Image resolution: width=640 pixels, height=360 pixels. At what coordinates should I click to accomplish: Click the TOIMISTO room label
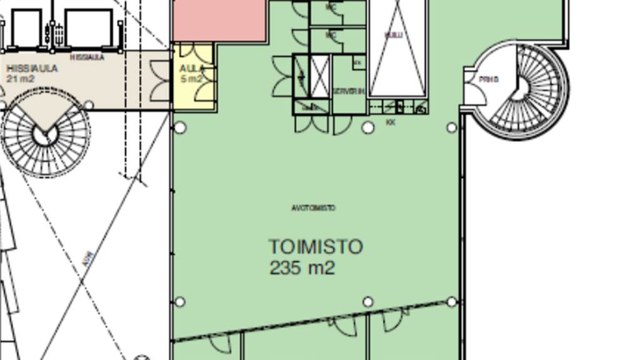(x=316, y=247)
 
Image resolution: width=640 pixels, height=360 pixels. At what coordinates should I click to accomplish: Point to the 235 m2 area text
(x=302, y=268)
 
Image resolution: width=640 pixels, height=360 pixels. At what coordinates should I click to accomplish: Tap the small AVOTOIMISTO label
(x=313, y=208)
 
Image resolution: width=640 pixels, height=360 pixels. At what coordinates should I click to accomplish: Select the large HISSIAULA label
(x=32, y=68)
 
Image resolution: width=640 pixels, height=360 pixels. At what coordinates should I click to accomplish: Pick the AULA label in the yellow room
(x=191, y=68)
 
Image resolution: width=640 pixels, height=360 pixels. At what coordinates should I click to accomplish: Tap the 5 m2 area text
(x=192, y=79)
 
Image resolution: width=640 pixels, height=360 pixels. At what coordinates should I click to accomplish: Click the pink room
(x=219, y=20)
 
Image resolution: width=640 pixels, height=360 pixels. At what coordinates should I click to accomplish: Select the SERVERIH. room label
(x=348, y=91)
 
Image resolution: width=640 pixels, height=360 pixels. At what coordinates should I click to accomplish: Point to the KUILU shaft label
(x=394, y=36)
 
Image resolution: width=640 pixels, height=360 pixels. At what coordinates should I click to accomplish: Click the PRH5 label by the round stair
(x=489, y=80)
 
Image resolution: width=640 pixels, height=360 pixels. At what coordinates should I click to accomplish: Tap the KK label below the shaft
(x=391, y=123)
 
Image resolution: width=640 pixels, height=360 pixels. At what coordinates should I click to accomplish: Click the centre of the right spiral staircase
(x=519, y=89)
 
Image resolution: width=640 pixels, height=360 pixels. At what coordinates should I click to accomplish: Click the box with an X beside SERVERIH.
(x=319, y=76)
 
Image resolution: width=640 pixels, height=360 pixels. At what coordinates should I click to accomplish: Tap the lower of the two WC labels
(x=331, y=36)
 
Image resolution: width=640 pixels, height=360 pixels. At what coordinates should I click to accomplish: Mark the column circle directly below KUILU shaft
(x=368, y=127)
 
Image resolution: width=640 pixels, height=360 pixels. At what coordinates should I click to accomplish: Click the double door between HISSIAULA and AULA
(x=161, y=81)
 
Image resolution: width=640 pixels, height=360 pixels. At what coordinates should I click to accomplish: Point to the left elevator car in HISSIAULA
(x=27, y=29)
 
